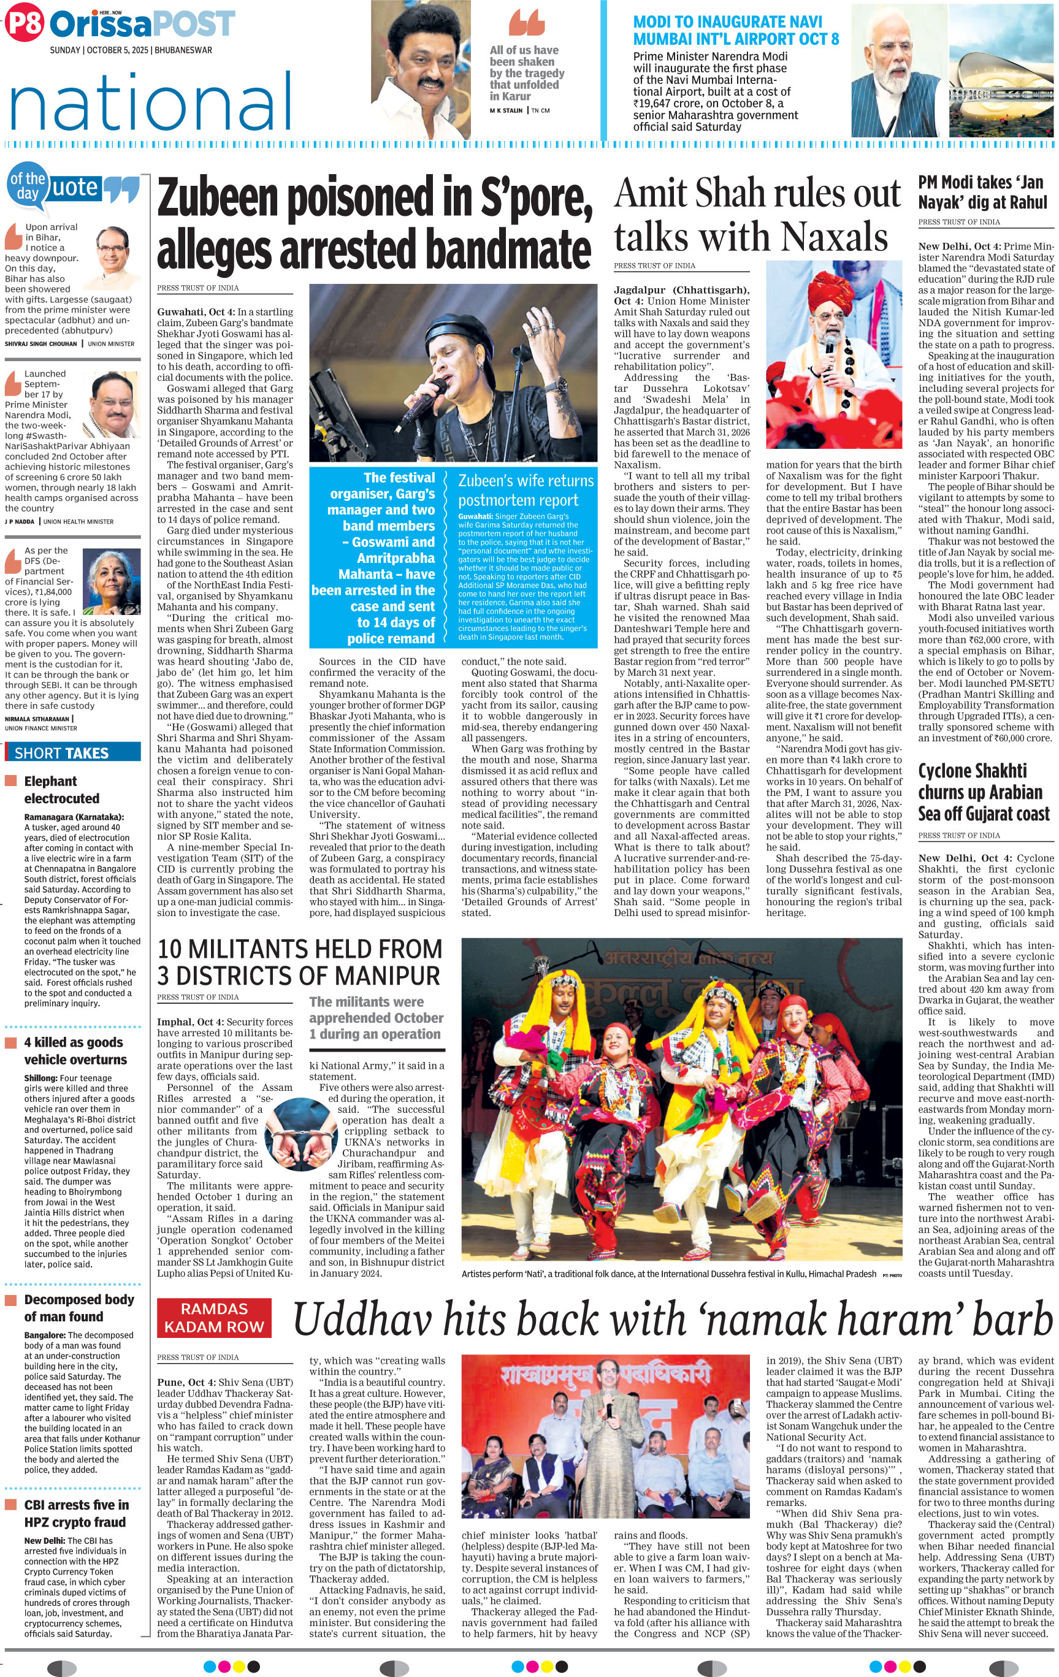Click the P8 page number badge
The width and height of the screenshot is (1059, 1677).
point(25,24)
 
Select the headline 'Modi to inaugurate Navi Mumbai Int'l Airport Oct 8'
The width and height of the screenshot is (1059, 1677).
point(735,31)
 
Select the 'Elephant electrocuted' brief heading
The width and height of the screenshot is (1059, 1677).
point(61,790)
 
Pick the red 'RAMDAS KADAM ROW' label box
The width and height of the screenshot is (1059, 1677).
point(215,1317)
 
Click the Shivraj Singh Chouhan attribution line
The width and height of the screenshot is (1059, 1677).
point(70,343)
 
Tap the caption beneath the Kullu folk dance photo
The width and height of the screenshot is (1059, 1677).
point(668,1274)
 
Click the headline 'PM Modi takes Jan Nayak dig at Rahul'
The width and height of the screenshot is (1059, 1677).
point(982,192)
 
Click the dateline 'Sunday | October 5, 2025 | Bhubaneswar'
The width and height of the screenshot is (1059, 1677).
point(130,50)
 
